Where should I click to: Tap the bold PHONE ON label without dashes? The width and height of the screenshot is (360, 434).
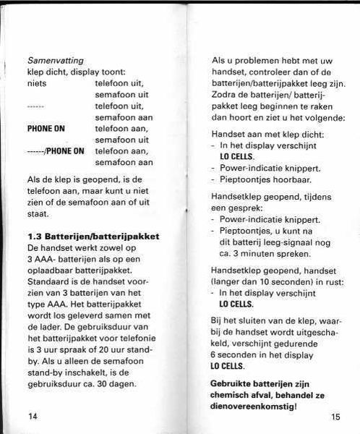tap(46, 129)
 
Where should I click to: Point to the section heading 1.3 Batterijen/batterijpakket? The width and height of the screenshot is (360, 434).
tap(93, 236)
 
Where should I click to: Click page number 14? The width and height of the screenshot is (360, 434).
tap(33, 417)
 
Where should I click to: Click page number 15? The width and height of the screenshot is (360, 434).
tap(335, 417)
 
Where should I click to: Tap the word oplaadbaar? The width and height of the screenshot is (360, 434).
tap(51, 270)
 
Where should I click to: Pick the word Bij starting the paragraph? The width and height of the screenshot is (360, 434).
tap(217, 319)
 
